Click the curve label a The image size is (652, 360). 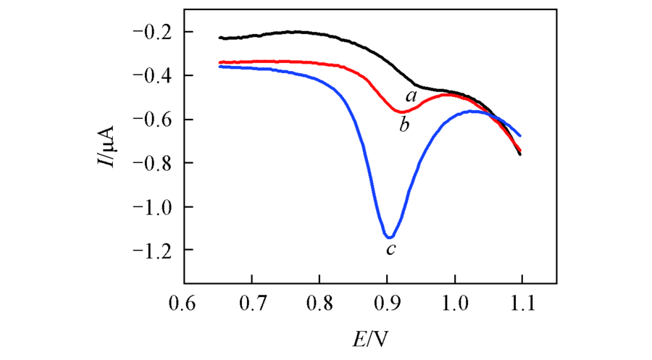click(411, 95)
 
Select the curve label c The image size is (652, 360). click(390, 251)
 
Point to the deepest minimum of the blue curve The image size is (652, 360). click(389, 237)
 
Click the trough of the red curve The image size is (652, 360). click(402, 112)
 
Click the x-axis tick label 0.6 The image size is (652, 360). click(184, 299)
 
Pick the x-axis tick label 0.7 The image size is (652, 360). click(251, 299)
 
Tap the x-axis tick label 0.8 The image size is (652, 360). click(319, 299)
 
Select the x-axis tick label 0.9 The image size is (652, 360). click(387, 299)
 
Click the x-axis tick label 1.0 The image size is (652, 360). click(454, 299)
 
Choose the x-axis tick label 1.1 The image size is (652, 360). click(522, 299)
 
